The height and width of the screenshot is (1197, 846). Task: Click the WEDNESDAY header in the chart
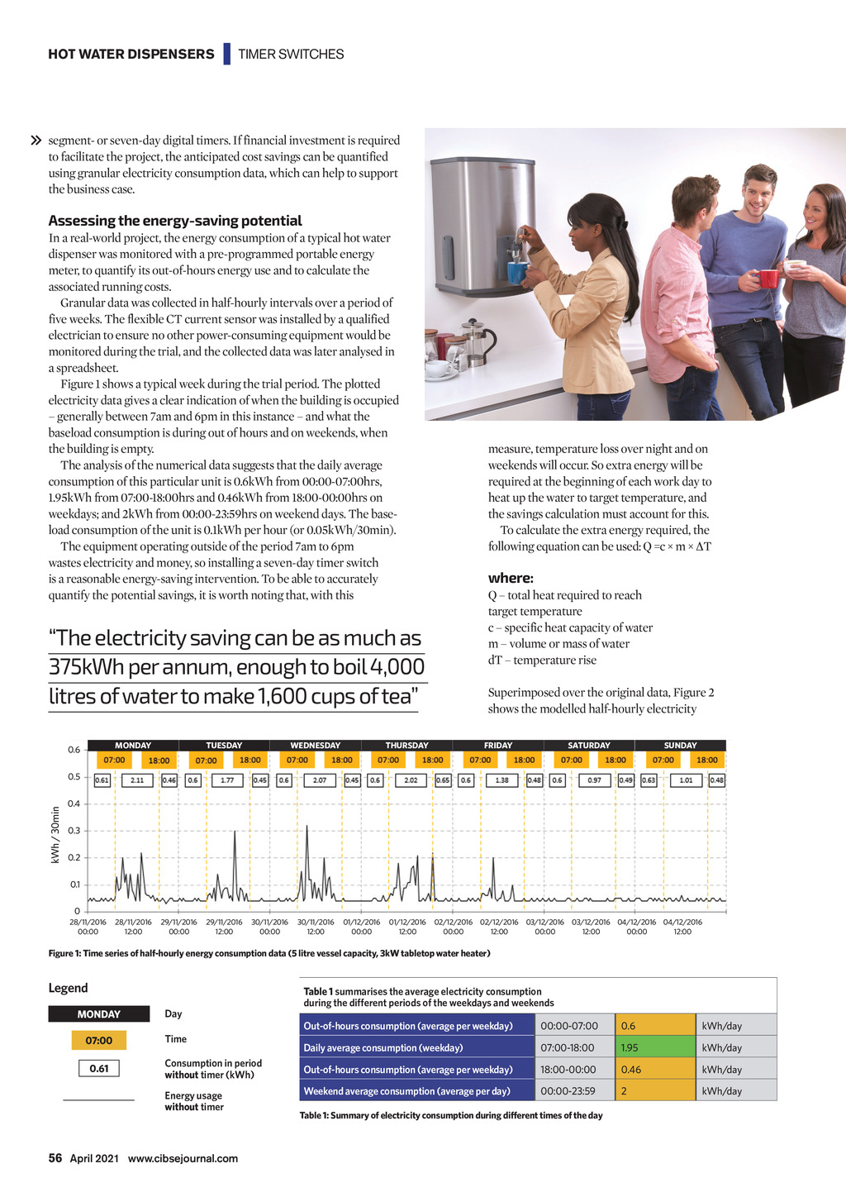click(x=315, y=745)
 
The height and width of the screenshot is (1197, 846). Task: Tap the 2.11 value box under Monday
click(x=137, y=780)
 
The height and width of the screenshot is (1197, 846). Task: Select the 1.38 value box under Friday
click(x=501, y=780)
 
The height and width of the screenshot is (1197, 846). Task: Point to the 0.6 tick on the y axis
click(x=74, y=750)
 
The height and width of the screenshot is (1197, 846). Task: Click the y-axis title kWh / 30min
click(x=55, y=835)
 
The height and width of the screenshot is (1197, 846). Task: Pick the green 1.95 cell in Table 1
click(x=655, y=1047)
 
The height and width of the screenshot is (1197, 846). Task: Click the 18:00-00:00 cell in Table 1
click(x=574, y=1069)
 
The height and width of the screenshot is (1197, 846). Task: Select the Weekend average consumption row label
click(x=407, y=1090)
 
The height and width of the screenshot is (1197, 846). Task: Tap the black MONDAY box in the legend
click(x=99, y=1013)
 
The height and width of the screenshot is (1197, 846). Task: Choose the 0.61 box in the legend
click(x=99, y=1068)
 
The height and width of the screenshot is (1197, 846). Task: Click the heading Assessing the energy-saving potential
click(x=175, y=221)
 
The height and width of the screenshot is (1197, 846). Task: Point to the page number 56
click(x=55, y=1158)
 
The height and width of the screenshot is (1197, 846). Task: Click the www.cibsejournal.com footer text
click(x=183, y=1158)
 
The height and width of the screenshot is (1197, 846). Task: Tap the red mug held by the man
click(x=768, y=279)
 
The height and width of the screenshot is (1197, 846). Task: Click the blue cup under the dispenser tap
click(x=517, y=272)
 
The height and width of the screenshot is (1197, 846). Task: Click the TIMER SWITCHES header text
click(x=291, y=55)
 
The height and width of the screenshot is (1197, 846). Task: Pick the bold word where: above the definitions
click(x=511, y=578)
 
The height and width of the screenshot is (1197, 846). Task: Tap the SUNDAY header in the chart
click(x=680, y=745)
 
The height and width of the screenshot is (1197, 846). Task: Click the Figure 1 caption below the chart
click(x=269, y=953)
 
